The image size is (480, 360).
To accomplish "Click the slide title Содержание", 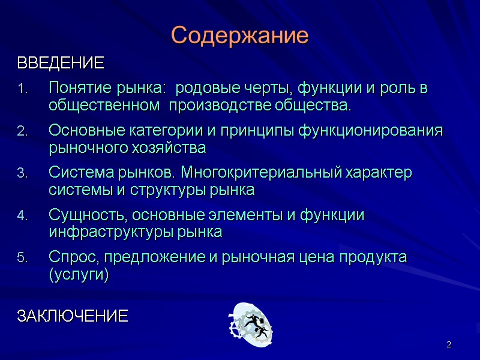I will (239, 36).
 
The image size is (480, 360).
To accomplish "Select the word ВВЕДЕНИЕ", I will (60, 63).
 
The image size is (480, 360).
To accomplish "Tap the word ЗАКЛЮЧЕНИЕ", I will (72, 316).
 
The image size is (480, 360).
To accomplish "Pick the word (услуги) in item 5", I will (79, 275).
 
